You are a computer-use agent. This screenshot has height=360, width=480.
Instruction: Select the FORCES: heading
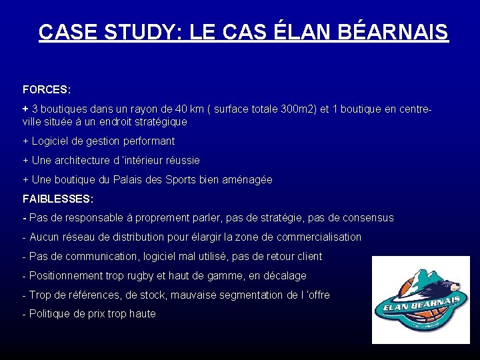point(47,89)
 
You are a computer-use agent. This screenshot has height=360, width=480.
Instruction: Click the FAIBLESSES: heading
point(58,199)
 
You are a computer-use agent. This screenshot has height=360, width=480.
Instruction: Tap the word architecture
point(83,161)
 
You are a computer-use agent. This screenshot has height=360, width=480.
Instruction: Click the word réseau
point(77,237)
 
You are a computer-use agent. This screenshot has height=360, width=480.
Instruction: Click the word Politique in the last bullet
point(51,314)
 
